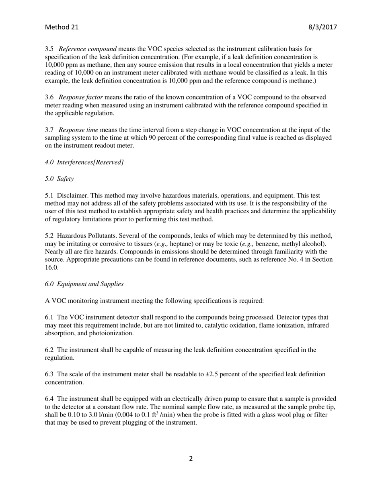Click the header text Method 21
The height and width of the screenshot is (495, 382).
point(62,27)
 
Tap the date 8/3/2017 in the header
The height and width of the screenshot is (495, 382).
point(322,27)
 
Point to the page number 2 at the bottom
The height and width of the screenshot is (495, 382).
point(191,458)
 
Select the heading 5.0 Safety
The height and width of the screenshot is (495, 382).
point(59,179)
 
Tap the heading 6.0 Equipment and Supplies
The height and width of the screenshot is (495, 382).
point(84,284)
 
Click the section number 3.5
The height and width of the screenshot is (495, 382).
point(49,49)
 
